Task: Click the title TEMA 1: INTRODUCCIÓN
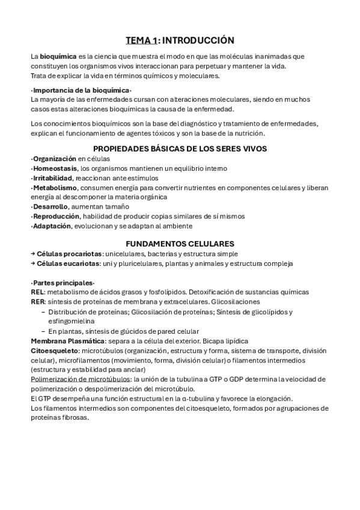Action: pyautogui.click(x=179, y=40)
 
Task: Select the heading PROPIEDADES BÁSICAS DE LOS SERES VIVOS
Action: pyautogui.click(x=180, y=149)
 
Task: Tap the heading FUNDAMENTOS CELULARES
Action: pyautogui.click(x=180, y=244)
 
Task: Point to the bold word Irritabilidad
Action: pyautogui.click(x=52, y=178)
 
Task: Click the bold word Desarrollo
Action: pyautogui.click(x=50, y=207)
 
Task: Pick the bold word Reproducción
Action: pyautogui.click(x=56, y=217)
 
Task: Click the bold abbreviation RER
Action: pyautogui.click(x=38, y=302)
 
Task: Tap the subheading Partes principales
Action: pyautogui.click(x=63, y=283)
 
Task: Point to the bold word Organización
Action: pyautogui.click(x=55, y=159)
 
